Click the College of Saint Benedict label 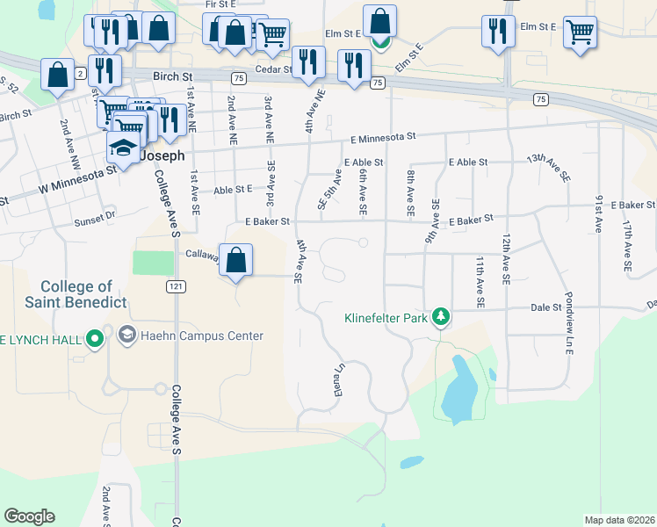[x=76, y=294]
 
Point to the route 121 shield [x=177, y=286]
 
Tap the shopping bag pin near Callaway [x=235, y=261]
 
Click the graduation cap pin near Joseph [x=124, y=149]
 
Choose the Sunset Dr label [x=95, y=214]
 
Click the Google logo [x=29, y=516]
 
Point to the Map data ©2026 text [x=618, y=520]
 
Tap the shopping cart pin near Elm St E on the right [x=581, y=32]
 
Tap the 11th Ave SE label [x=480, y=282]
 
